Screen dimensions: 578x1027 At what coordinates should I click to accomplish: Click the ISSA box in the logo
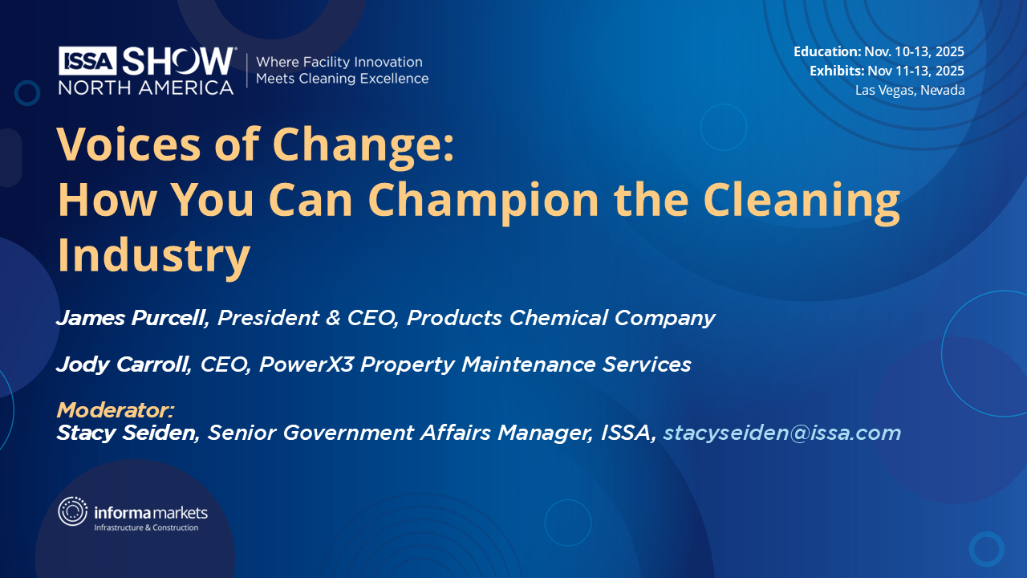click(88, 60)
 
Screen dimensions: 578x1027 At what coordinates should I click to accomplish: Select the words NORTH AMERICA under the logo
click(146, 87)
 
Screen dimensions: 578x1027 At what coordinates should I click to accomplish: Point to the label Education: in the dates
click(827, 51)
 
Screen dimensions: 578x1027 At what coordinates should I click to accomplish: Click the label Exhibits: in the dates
click(837, 71)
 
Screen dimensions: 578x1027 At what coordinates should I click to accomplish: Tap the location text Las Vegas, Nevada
click(910, 90)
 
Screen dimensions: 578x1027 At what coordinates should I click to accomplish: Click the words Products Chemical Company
click(561, 318)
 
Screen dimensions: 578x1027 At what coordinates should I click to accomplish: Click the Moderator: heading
click(116, 410)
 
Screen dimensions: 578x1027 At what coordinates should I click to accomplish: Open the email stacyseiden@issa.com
click(781, 433)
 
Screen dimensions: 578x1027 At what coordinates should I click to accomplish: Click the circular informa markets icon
click(73, 511)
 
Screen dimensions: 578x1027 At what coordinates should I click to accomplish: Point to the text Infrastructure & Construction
click(146, 527)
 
